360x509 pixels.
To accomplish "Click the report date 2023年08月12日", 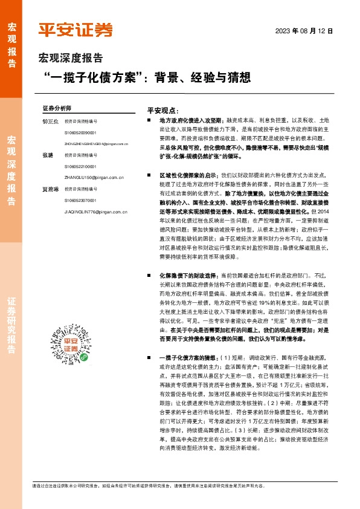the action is [x=304, y=31].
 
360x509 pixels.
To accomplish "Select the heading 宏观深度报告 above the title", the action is [x=71, y=59].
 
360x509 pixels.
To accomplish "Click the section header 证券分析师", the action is [x=57, y=108].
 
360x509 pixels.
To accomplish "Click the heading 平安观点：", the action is [x=164, y=111].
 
